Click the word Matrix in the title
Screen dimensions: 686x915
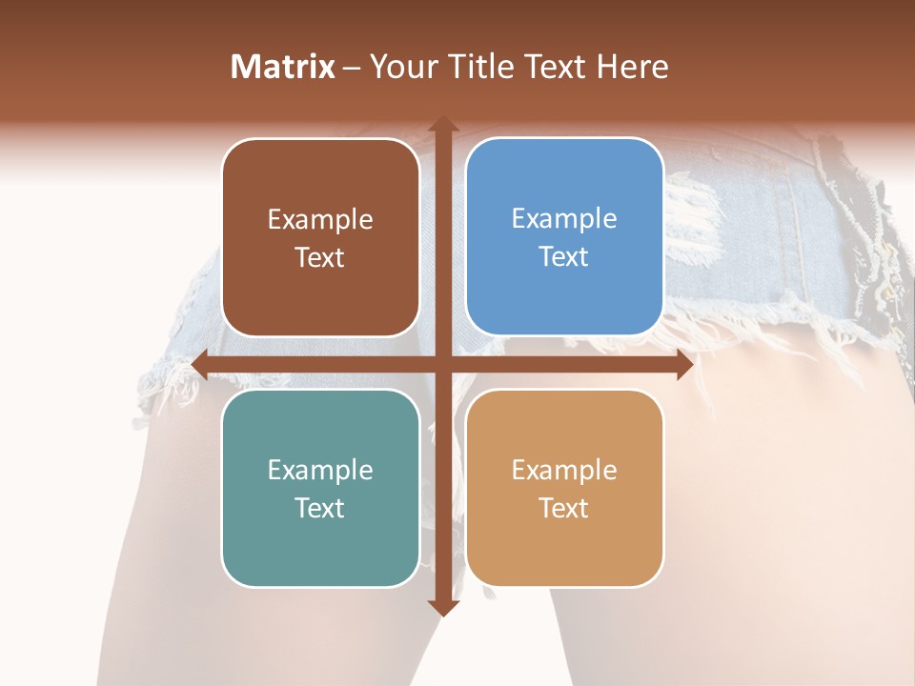[x=283, y=67]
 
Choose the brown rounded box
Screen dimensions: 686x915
[x=320, y=237]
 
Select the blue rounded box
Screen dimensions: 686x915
[x=564, y=236]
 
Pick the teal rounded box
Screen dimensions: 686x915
[x=320, y=488]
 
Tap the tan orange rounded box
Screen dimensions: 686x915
[x=564, y=488]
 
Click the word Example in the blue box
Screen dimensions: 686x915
[x=564, y=218]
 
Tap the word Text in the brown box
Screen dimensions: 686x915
[x=320, y=257]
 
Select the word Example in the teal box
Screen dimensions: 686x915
[x=320, y=470]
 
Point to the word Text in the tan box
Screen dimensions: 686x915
[x=564, y=508]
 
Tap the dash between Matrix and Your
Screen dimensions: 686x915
[x=352, y=68]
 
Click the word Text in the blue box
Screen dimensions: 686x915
[x=564, y=256]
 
